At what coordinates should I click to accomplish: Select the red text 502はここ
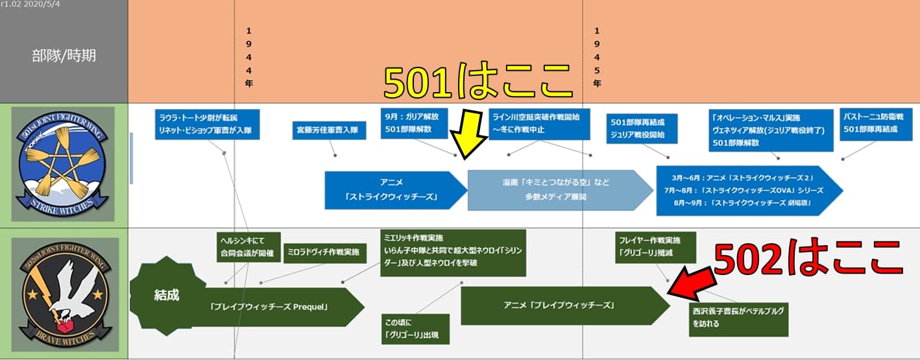(x=808, y=259)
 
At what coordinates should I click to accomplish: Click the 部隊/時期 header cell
(x=64, y=56)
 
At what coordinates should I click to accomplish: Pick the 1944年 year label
(x=249, y=57)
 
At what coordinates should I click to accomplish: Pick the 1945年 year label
(x=597, y=57)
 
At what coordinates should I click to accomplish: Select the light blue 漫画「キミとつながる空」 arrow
(x=558, y=190)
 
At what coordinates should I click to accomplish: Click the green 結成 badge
(x=167, y=295)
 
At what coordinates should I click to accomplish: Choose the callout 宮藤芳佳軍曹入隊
(x=329, y=130)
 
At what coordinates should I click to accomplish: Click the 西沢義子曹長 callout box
(x=738, y=317)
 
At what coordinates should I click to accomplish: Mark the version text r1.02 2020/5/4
(x=30, y=5)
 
